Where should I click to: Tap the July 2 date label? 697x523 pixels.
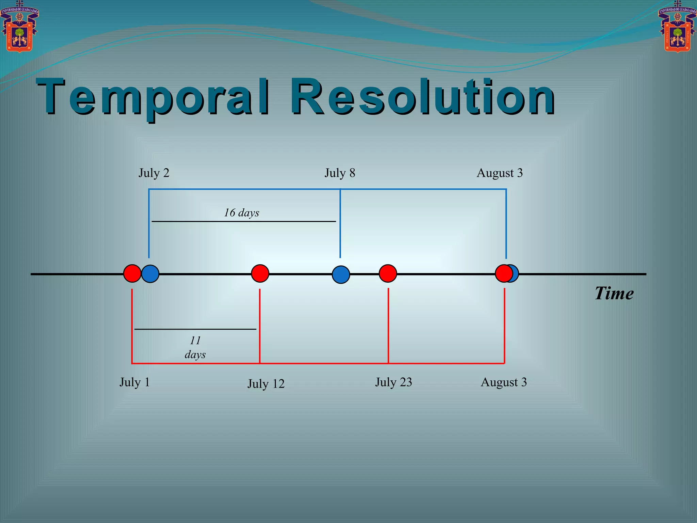(154, 173)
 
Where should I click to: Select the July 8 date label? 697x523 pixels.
(340, 173)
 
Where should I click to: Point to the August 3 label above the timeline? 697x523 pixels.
(499, 173)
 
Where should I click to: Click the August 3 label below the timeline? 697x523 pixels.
(503, 382)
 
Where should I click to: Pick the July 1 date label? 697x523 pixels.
(134, 382)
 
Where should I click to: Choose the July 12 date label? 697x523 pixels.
(266, 384)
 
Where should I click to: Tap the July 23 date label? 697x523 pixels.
(393, 382)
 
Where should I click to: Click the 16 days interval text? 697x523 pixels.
(241, 213)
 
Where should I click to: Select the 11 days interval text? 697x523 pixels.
(195, 347)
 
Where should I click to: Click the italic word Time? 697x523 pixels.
(614, 293)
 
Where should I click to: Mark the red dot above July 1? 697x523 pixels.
(132, 273)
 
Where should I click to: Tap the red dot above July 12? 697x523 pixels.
(260, 273)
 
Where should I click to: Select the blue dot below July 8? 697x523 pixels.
(341, 274)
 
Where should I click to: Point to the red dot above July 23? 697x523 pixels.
(388, 273)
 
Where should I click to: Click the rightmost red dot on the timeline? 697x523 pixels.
(503, 273)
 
